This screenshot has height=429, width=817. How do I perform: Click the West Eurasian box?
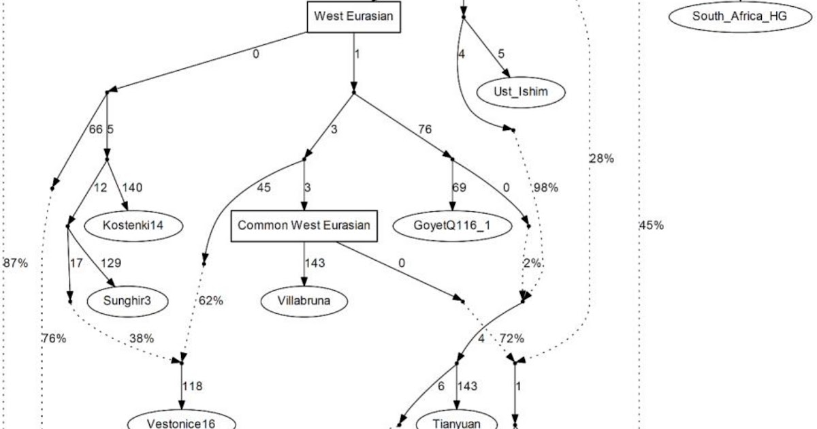[353, 16]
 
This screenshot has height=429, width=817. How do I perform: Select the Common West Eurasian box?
[304, 225]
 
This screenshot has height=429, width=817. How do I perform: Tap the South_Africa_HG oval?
[739, 16]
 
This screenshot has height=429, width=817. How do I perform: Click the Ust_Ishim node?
[512, 92]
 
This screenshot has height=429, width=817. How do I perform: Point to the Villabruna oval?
[304, 300]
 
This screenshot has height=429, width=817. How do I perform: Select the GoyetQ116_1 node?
[452, 225]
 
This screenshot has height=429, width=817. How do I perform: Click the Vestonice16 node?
[181, 423]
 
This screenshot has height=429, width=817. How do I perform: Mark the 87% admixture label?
[16, 263]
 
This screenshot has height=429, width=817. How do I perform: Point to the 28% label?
[602, 159]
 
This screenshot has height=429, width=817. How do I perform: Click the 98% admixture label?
[545, 188]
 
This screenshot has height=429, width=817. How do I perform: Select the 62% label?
[211, 300]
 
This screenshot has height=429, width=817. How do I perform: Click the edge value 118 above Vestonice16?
[193, 386]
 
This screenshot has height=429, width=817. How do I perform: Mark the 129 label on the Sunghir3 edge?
[110, 262]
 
